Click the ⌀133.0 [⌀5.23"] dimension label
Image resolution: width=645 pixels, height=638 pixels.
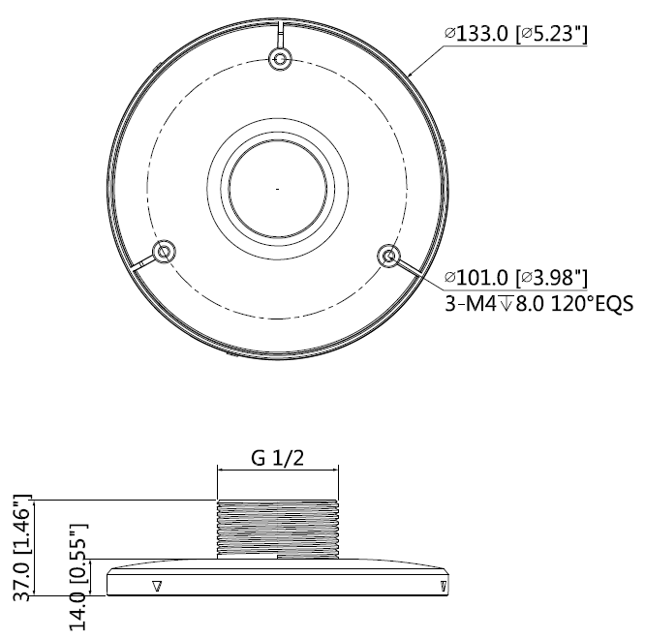point(516,33)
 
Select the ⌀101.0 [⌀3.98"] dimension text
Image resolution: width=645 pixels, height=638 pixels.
point(516,278)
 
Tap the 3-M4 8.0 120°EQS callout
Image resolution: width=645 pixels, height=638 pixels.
point(538,304)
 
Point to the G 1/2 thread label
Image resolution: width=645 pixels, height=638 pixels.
point(278,458)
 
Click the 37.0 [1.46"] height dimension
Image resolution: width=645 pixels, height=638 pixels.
point(22,548)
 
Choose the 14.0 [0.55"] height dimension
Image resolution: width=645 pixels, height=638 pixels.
point(78,577)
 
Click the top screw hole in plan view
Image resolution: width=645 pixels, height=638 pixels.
point(280,59)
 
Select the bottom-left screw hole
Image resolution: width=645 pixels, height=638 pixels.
point(164,251)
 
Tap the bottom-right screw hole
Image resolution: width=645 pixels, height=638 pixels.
point(388,257)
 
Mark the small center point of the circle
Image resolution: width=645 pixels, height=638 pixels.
point(278,189)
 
